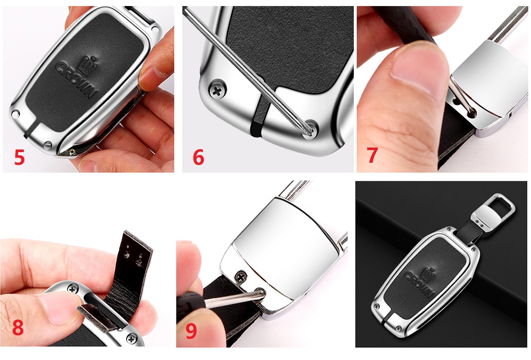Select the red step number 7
point(373,155)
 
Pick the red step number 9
point(191,331)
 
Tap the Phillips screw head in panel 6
point(218,90)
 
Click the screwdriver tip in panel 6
point(309,130)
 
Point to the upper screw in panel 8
point(73,289)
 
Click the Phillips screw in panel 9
point(241,277)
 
